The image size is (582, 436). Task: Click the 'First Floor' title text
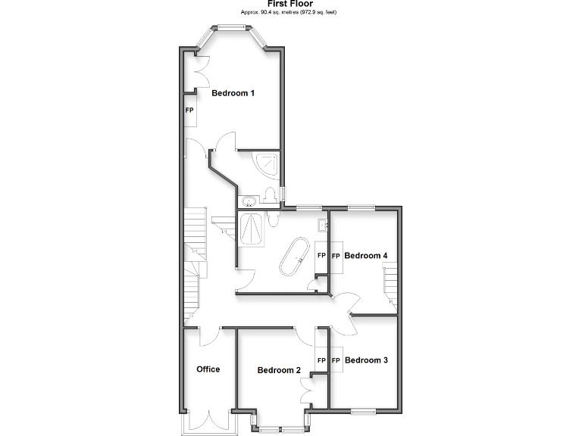tap(290, 4)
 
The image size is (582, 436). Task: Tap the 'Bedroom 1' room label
tap(233, 94)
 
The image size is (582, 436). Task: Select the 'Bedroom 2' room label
tap(279, 370)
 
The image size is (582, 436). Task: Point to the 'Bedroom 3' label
tap(366, 361)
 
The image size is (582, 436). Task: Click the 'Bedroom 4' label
tap(366, 256)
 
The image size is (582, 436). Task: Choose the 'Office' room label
tap(208, 369)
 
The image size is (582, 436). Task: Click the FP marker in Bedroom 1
tap(189, 110)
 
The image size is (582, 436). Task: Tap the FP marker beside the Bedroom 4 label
tap(336, 256)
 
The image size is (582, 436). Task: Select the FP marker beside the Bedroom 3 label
tap(336, 361)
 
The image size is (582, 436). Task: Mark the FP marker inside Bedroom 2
tap(321, 361)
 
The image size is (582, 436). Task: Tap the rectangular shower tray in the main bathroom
tap(252, 229)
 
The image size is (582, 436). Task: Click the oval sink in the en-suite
tap(248, 201)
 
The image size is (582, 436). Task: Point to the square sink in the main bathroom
tap(322, 223)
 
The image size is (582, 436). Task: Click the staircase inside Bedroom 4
tap(390, 286)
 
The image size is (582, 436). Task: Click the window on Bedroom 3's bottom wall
tap(364, 411)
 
